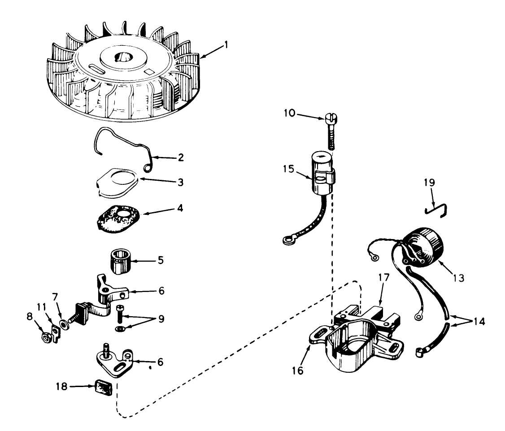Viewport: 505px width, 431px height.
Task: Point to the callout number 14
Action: click(479, 322)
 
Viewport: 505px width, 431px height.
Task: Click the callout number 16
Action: click(299, 370)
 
